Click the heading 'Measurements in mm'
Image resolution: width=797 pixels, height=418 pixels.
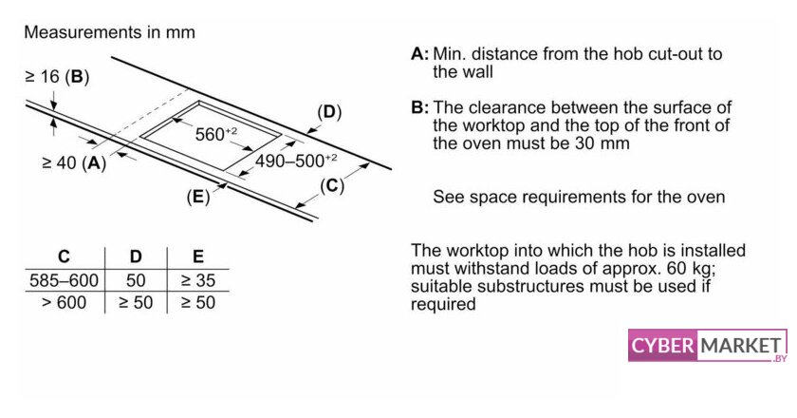(109, 32)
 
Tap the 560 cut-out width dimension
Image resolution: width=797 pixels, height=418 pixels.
(217, 134)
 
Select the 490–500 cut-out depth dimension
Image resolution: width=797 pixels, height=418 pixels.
(295, 161)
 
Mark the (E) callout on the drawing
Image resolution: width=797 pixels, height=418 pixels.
(197, 197)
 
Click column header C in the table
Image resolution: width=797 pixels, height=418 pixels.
(64, 256)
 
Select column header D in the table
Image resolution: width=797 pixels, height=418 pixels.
(136, 256)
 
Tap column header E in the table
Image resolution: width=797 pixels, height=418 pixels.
(197, 256)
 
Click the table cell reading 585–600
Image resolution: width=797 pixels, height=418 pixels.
(64, 281)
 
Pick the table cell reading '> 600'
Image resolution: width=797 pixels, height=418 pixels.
(64, 303)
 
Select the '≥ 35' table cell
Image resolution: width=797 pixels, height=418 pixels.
(197, 281)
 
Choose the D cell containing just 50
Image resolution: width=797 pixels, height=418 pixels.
(136, 281)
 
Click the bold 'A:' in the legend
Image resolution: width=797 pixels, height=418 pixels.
(419, 54)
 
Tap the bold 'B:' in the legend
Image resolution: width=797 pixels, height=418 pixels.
(419, 107)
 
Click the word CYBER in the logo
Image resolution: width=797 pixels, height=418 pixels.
(663, 345)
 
